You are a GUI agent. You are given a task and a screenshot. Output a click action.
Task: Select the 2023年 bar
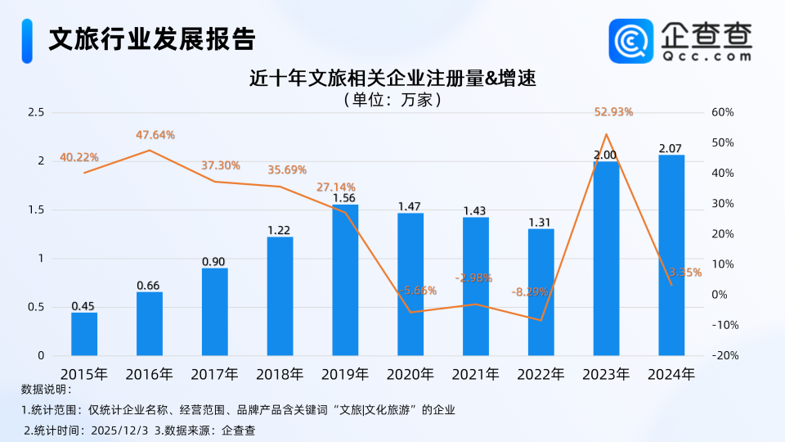tap(606, 258)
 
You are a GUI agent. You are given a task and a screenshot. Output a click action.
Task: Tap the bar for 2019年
tap(345, 280)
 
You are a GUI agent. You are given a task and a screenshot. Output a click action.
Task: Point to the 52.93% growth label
tap(613, 112)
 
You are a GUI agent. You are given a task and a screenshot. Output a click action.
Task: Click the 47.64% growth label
tap(155, 135)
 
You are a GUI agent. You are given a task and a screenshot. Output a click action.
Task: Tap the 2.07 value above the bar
tap(671, 148)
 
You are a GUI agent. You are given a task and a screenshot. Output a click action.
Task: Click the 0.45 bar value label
tap(83, 306)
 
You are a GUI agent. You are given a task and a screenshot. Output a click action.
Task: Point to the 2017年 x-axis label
tap(214, 375)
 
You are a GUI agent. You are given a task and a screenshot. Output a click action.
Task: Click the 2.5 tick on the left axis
tap(35, 112)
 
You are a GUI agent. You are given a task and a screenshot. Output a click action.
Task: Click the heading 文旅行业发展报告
tap(151, 38)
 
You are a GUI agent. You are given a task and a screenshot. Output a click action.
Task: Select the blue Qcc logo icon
tap(630, 41)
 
